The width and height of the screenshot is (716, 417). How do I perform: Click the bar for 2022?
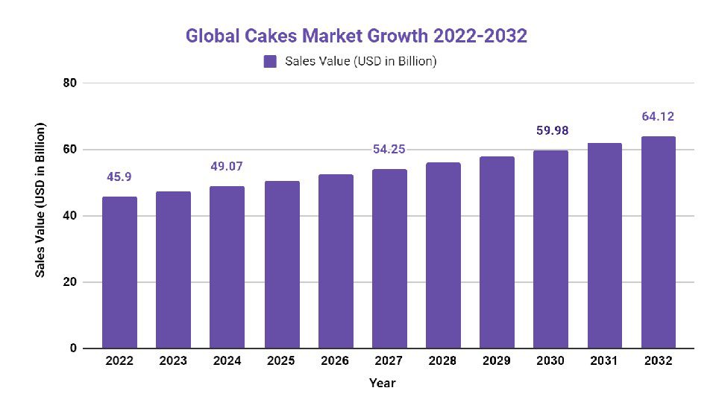pos(119,273)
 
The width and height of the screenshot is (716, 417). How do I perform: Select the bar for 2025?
pos(281,265)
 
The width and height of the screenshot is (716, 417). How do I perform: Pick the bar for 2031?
pos(604,246)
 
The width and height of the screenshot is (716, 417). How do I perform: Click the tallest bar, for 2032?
pos(658,243)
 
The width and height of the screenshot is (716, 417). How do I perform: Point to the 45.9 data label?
pos(119,178)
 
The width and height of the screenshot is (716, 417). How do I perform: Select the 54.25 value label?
pos(389,150)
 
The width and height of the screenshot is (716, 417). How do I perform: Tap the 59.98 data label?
pos(550,131)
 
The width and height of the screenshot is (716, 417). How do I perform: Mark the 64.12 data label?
pos(658,117)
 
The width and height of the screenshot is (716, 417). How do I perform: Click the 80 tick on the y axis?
pos(69,83)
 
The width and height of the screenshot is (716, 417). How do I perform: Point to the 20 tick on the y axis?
pos(69,282)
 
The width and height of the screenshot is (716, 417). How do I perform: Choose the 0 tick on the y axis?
pos(72,348)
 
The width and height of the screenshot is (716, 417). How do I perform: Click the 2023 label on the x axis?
pos(173,361)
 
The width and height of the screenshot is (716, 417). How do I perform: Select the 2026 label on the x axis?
pos(335,361)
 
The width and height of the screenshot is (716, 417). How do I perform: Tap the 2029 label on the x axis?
pos(497,361)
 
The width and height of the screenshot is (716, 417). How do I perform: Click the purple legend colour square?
pos(270,62)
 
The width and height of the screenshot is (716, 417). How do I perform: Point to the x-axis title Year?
pos(382,383)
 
